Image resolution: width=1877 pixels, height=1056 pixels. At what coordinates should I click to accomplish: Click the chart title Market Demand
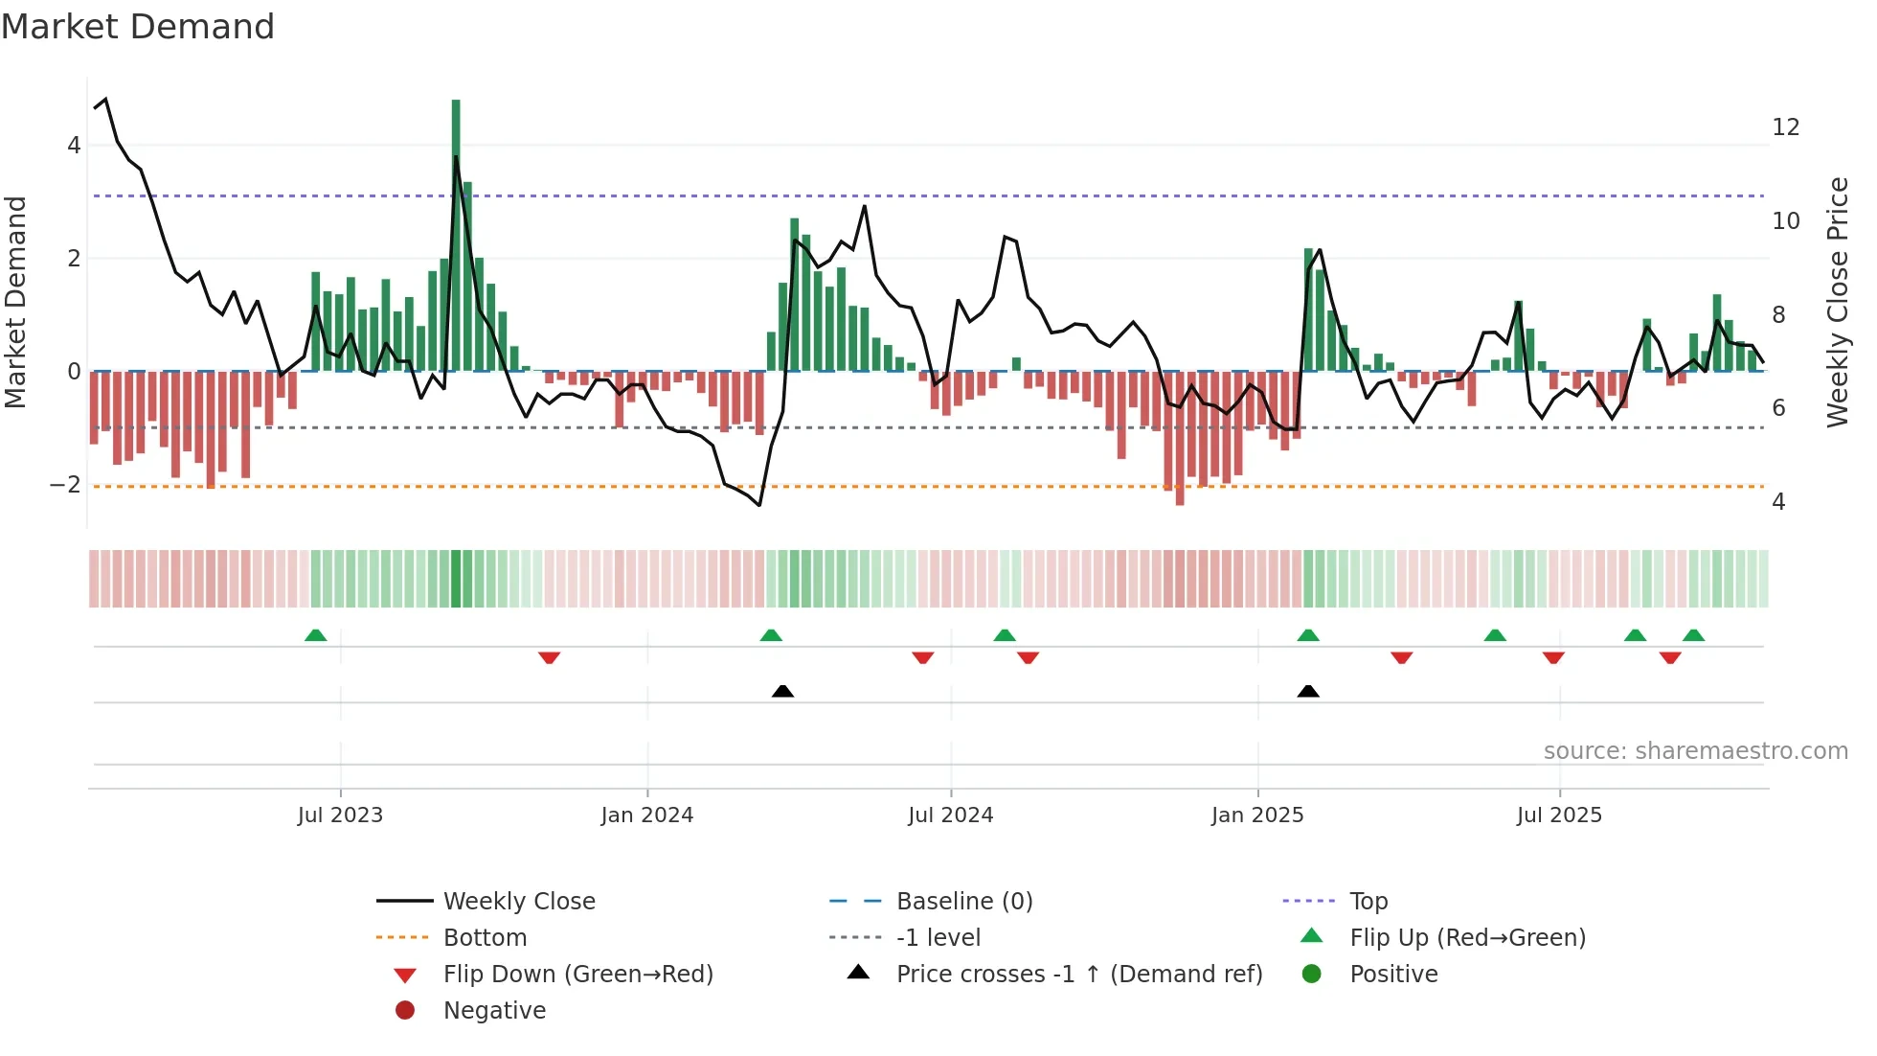(138, 27)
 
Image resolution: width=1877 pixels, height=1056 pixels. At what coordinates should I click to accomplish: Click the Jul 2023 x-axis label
(340, 815)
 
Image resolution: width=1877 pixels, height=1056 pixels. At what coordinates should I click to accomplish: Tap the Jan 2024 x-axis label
(647, 815)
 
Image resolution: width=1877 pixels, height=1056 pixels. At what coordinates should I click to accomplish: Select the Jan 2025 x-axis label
(1257, 815)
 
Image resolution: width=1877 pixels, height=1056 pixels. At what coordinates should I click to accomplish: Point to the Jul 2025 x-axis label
(1559, 815)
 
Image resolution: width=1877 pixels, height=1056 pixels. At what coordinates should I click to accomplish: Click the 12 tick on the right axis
(1785, 127)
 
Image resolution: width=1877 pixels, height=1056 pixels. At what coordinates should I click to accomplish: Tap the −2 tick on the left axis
(65, 485)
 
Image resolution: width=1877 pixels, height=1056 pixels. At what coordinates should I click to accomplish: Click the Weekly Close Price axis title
(1837, 302)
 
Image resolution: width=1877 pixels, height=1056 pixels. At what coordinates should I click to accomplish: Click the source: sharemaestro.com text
(1695, 751)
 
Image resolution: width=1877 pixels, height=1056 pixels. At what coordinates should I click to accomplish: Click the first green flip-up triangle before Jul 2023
(315, 635)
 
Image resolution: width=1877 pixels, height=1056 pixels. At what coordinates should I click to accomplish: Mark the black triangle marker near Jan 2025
(1308, 691)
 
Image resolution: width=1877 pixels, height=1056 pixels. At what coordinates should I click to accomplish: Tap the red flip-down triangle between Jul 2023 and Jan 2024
(549, 657)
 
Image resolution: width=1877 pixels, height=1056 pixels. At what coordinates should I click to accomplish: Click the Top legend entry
(1368, 902)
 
